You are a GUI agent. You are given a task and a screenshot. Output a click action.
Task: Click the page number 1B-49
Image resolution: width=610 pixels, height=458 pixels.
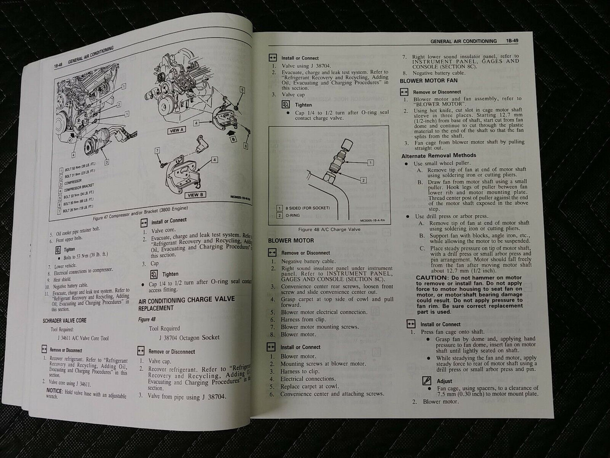click(x=515, y=41)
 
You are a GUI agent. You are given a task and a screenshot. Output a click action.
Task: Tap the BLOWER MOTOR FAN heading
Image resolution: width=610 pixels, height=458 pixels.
click(x=428, y=80)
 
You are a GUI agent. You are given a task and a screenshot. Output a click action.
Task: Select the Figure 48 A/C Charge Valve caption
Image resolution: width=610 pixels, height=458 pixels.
click(x=329, y=229)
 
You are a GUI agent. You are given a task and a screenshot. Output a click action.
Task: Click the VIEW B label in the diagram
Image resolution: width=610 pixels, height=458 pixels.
click(x=195, y=195)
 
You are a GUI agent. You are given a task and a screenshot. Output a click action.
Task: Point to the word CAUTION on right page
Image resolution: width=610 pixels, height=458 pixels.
click(x=431, y=278)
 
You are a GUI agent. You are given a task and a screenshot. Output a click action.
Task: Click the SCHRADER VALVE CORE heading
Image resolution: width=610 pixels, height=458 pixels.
click(x=65, y=320)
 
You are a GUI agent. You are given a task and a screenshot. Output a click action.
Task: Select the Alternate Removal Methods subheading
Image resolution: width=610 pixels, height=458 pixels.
click(x=439, y=155)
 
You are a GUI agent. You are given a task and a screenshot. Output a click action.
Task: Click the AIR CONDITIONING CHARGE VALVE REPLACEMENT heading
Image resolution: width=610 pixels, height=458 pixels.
click(x=186, y=304)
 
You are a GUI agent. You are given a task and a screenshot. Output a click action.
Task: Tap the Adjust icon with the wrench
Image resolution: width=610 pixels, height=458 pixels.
click(x=427, y=381)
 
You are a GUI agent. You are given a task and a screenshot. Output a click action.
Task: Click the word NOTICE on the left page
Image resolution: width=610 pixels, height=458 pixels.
click(x=54, y=390)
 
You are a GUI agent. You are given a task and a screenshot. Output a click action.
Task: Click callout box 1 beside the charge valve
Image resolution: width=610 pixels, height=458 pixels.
click(x=370, y=163)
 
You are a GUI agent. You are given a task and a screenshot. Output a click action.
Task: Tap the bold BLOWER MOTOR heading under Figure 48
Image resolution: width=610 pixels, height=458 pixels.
click(x=291, y=241)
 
